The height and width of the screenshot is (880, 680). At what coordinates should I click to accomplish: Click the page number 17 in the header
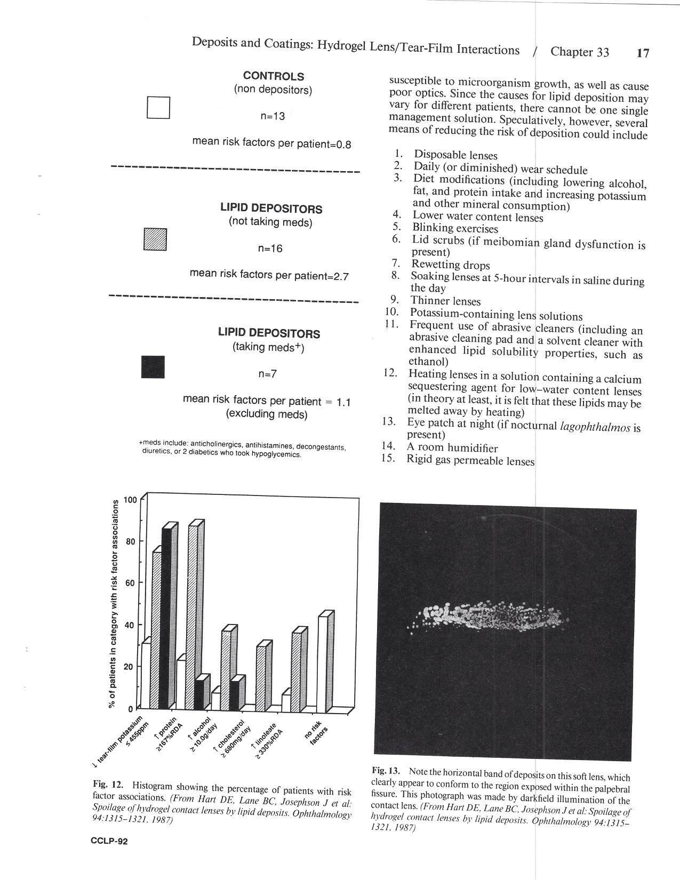pos(643,53)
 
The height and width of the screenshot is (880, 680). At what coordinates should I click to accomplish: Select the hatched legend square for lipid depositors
pos(155,239)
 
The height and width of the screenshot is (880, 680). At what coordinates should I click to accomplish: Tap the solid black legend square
pos(153,367)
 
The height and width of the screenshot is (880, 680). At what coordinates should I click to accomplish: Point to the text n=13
pos(272,116)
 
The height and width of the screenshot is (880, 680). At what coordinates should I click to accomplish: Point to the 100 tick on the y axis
pos(130,500)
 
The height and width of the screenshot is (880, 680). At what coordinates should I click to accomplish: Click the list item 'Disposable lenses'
pos(455,156)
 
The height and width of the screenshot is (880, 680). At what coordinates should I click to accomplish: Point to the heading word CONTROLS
pos(274,76)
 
